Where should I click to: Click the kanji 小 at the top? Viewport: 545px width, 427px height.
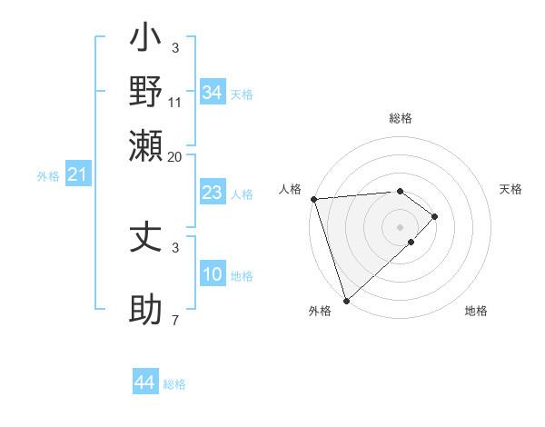click(x=146, y=40)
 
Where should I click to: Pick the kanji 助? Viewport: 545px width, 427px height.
click(x=146, y=311)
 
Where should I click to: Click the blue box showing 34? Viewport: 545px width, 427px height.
click(x=212, y=93)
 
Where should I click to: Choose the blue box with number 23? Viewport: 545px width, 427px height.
click(x=212, y=193)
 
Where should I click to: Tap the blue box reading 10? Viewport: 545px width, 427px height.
click(x=212, y=274)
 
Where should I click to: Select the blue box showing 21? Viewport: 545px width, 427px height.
click(x=77, y=174)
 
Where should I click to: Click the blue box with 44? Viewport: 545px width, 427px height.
click(x=144, y=383)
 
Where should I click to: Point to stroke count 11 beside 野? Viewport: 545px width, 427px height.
click(x=175, y=102)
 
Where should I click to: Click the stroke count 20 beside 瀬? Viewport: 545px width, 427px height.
click(x=175, y=156)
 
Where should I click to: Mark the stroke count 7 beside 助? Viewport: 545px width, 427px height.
click(x=175, y=321)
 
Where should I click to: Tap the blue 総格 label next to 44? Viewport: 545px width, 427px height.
click(x=174, y=384)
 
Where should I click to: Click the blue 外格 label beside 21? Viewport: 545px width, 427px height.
click(x=47, y=176)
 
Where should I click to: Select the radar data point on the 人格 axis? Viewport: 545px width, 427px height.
click(x=312, y=199)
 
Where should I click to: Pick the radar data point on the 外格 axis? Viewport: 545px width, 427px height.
click(x=346, y=300)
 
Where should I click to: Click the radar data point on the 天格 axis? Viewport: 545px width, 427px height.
click(x=435, y=216)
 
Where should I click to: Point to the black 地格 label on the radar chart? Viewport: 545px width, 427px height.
click(x=476, y=311)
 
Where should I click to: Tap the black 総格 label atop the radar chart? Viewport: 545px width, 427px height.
click(x=400, y=118)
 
